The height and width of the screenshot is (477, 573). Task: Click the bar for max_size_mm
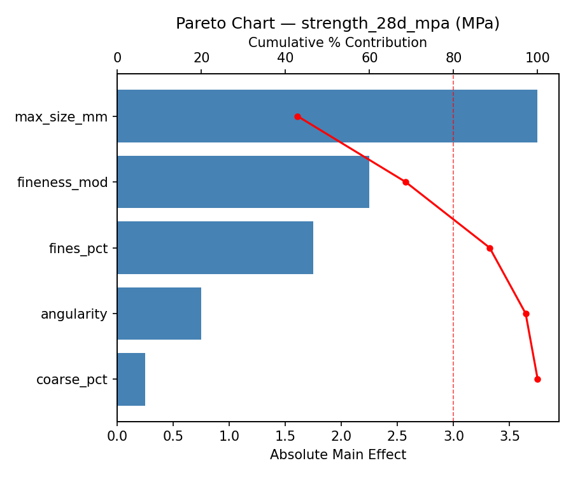pos(327,116)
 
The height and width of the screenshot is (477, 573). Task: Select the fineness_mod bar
pos(243,182)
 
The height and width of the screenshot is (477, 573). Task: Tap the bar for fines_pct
pos(215,248)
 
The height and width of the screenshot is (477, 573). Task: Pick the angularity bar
pos(159,314)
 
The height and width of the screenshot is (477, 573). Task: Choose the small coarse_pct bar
pos(131,379)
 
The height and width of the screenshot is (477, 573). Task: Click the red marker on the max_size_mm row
pos(297,116)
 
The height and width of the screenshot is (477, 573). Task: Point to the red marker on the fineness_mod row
pos(406,182)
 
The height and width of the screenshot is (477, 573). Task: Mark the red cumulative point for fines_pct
pos(490,248)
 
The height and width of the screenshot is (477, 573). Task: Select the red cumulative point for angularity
pos(526,314)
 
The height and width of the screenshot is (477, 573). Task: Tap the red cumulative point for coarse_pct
pos(537,379)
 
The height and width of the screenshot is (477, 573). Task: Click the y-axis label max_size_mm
pos(61,117)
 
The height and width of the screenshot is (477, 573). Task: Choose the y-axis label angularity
pos(74,314)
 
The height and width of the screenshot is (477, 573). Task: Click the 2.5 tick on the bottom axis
pos(397,436)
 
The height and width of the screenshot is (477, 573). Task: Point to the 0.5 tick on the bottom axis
pos(173,436)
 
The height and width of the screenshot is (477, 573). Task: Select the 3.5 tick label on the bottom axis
pos(509,436)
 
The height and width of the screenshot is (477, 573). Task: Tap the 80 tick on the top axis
pos(453,58)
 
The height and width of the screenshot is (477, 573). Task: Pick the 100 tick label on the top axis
pos(537,58)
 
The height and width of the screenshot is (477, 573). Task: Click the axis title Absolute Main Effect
pos(337,455)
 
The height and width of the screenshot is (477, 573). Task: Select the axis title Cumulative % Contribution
pos(337,43)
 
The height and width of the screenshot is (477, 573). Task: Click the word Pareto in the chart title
pos(197,24)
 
